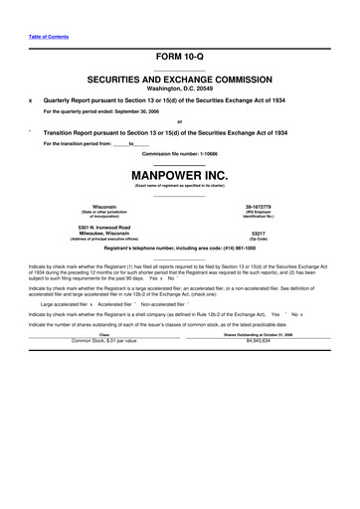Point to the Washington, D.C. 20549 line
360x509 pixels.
pyautogui.click(x=180, y=85)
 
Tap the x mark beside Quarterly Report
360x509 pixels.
pyautogui.click(x=31, y=99)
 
